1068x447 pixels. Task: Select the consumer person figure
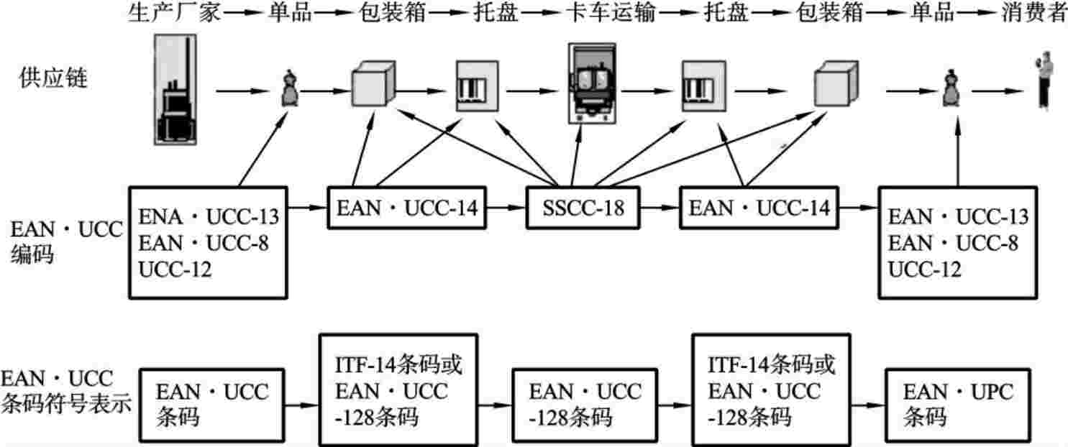[x=1043, y=80]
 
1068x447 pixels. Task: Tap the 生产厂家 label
[x=173, y=13]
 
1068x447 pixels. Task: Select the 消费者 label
[x=1033, y=13]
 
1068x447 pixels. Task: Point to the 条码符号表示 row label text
[x=66, y=404]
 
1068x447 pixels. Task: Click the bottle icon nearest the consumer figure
[x=949, y=90]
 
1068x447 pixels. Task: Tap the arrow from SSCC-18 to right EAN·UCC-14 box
[x=659, y=208]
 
